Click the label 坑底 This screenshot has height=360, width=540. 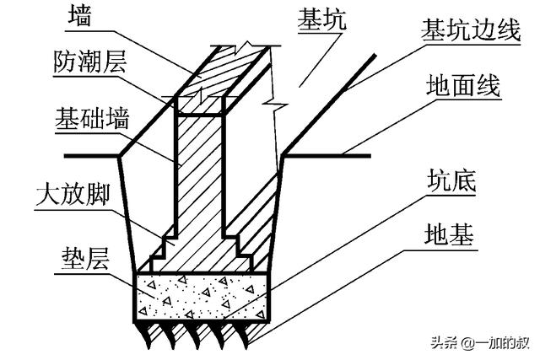tap(448, 182)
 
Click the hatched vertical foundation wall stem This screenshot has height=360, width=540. tap(200, 169)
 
